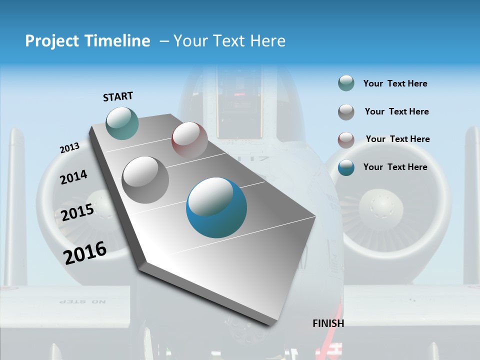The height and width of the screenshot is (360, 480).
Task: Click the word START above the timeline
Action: (118, 96)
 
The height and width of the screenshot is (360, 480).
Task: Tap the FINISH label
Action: (328, 323)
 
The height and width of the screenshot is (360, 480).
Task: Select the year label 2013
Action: (69, 148)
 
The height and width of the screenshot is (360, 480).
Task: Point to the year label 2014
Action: (73, 177)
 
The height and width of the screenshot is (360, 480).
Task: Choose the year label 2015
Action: (77, 212)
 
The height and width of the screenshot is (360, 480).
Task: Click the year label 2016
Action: (85, 252)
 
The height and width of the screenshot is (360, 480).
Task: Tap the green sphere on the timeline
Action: (122, 123)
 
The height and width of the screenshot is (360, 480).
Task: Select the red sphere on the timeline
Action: (189, 140)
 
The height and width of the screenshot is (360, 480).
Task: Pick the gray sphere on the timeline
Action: (145, 179)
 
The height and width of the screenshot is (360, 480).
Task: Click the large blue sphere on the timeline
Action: (216, 207)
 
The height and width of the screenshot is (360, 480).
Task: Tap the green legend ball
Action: (346, 83)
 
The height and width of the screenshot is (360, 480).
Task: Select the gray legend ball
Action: (346, 112)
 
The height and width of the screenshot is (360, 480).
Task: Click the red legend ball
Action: (346, 139)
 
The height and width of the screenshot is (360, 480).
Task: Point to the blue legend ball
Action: (346, 167)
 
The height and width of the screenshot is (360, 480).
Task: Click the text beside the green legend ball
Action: (395, 84)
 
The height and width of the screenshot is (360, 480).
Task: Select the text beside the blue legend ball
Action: (395, 167)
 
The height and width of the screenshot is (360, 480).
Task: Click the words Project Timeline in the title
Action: (87, 41)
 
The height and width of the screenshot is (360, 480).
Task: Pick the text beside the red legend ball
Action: (397, 139)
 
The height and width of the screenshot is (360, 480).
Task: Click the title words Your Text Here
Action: (229, 41)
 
